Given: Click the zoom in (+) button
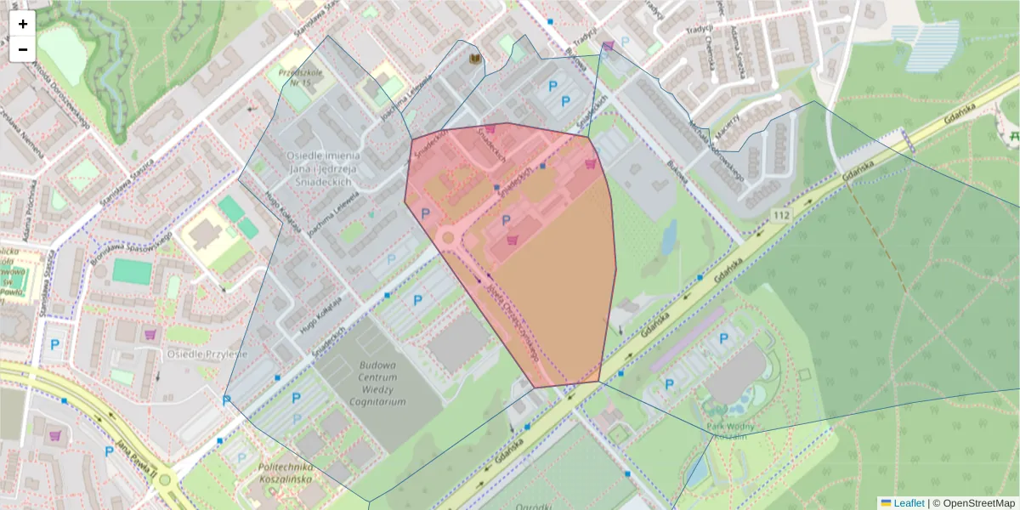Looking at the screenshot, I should coord(23,24).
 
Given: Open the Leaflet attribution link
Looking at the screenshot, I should coord(908,503).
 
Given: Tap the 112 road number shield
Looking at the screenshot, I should coord(782,215).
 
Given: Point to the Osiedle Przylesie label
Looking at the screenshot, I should coord(207,354).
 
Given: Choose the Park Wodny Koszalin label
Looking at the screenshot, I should coord(724,430).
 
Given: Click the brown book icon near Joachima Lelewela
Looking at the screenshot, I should coord(474,59).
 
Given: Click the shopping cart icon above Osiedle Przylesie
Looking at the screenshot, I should coord(150,334).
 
